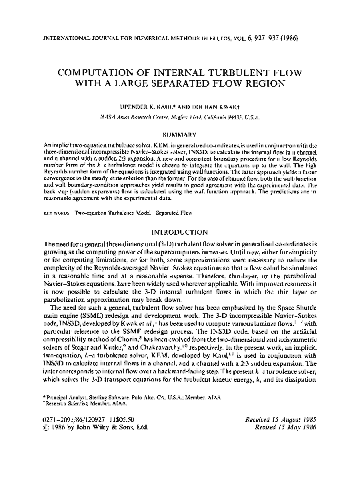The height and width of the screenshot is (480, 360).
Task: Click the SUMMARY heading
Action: [x=180, y=133]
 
